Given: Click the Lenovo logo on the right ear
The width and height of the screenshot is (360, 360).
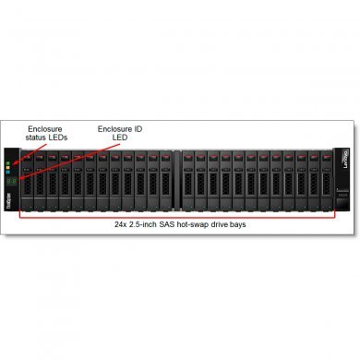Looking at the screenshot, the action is coord(347,148).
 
